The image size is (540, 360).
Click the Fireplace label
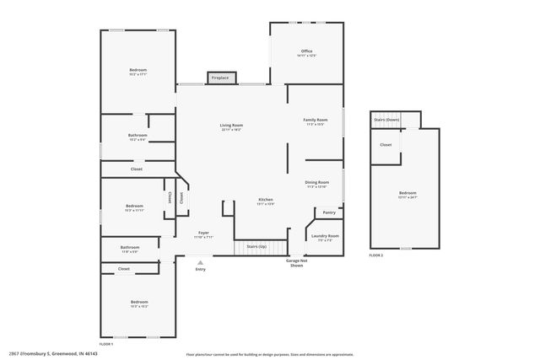219,78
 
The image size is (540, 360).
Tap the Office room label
306,51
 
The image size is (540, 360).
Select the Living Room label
231,126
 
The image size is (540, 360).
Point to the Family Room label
316,121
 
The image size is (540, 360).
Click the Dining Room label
316,182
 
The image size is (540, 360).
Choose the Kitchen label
265,200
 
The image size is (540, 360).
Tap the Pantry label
329,212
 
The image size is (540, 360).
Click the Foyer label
204,233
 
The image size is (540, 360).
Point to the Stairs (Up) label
256,246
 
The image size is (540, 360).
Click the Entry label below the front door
200,269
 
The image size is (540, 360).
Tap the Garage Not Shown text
297,263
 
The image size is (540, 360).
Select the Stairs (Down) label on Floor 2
386,120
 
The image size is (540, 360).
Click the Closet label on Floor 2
386,144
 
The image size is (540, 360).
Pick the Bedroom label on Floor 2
408,193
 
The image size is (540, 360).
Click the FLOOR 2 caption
376,255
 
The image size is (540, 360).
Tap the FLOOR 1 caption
106,345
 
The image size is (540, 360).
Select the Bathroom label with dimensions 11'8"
129,248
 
